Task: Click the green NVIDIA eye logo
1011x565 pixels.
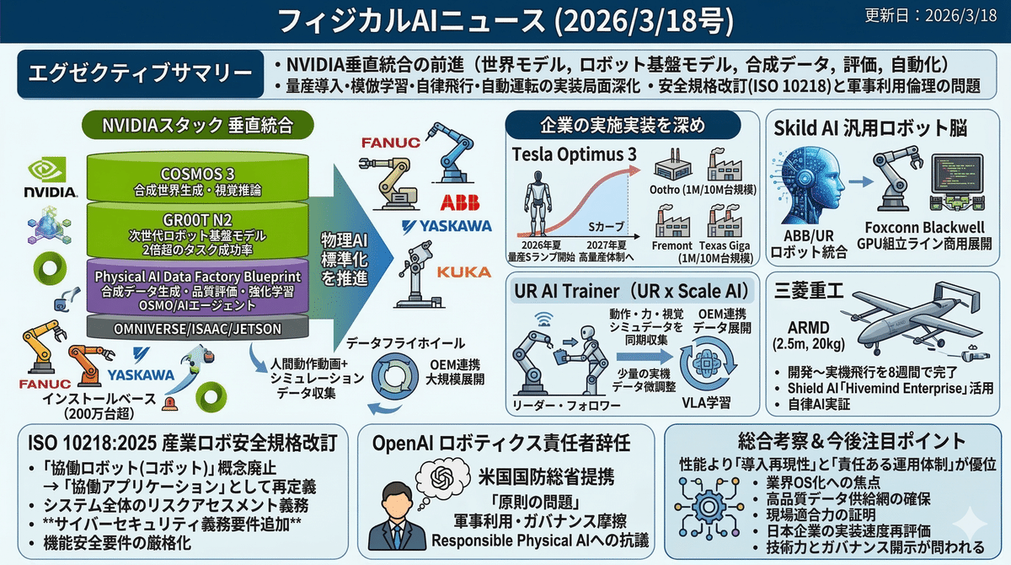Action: click(x=47, y=169)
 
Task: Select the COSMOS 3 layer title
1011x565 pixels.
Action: click(x=197, y=174)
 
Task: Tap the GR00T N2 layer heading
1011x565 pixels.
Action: click(x=197, y=220)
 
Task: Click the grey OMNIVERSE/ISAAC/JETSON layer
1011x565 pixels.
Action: click(x=197, y=328)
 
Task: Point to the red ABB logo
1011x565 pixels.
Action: click(x=460, y=202)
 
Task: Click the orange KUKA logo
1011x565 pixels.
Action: click(x=464, y=272)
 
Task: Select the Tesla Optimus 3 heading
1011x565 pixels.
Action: click(x=574, y=155)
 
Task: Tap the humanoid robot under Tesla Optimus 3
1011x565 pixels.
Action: click(x=538, y=202)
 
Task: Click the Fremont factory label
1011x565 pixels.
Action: click(x=671, y=245)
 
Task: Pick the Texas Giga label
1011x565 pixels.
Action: click(x=725, y=245)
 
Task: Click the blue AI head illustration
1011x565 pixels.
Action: click(x=810, y=186)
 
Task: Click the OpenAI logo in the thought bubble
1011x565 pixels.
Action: click(x=441, y=477)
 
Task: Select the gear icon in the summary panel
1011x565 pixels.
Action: click(x=709, y=508)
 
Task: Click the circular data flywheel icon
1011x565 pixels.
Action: click(x=395, y=377)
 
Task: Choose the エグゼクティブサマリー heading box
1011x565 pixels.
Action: click(x=141, y=73)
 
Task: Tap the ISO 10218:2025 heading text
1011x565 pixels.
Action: click(x=182, y=443)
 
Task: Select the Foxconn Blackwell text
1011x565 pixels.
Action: click(x=924, y=227)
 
